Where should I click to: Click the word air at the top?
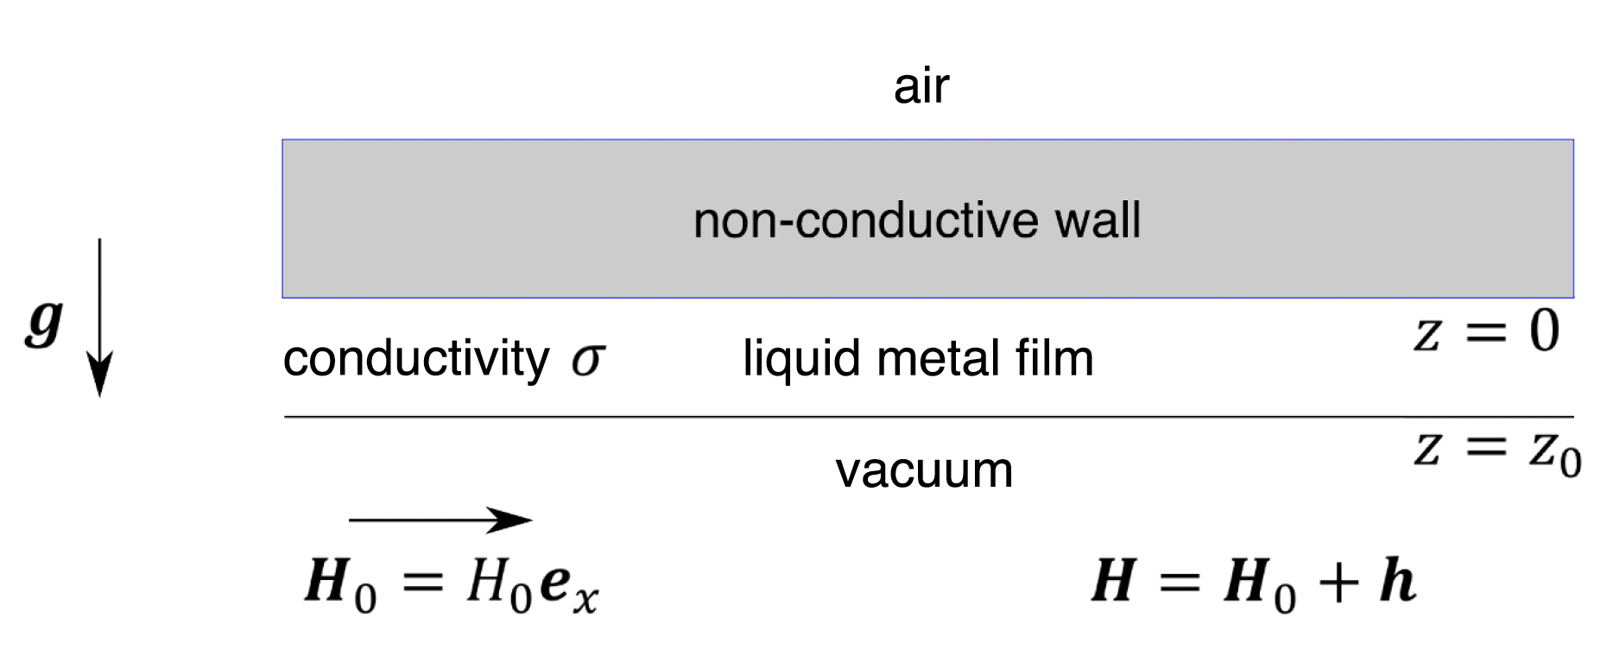[921, 86]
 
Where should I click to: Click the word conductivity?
[415, 358]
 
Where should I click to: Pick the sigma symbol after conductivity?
[587, 360]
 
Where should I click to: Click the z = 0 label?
[1485, 332]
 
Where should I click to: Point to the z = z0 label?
[1496, 451]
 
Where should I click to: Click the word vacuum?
[924, 470]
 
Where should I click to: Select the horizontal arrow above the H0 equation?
[440, 520]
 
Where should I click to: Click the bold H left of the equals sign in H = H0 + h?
[1113, 581]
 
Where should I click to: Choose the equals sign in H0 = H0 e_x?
[422, 583]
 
